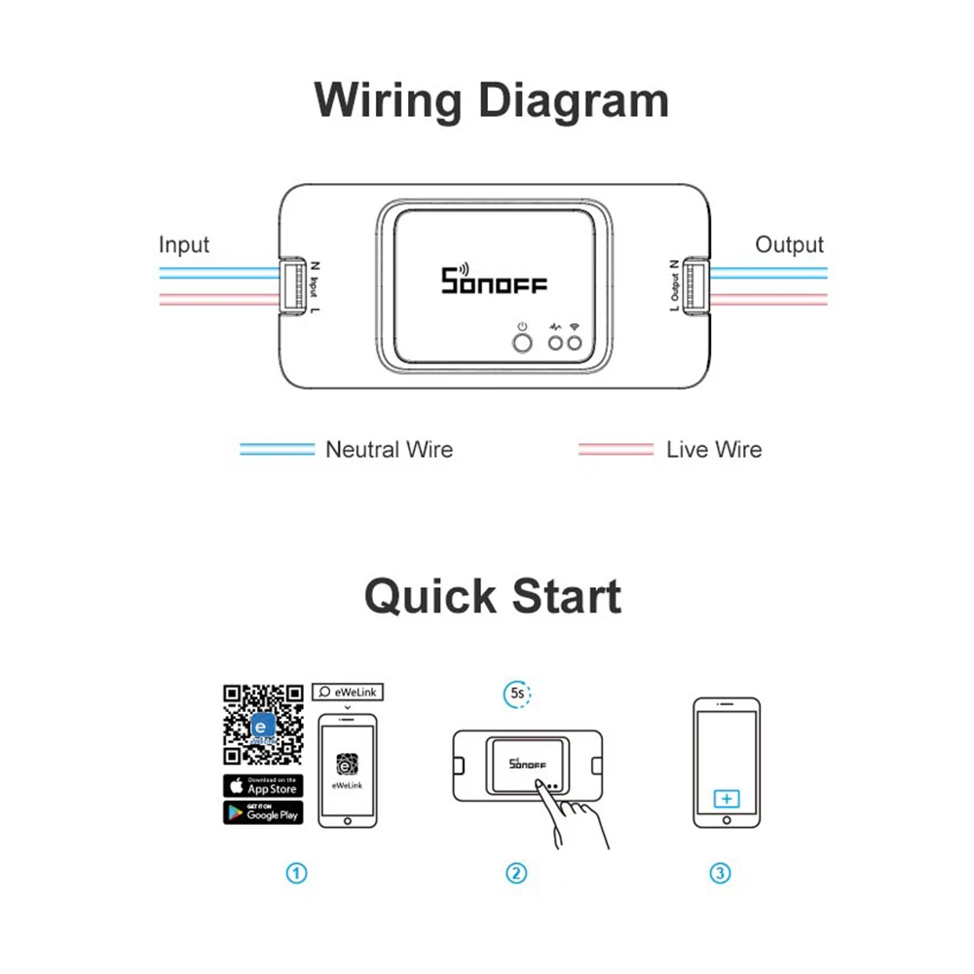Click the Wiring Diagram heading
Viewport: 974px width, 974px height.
(492, 101)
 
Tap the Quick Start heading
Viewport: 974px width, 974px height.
(492, 596)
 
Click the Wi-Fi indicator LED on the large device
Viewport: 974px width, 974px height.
(575, 343)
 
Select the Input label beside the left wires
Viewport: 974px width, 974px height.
(184, 244)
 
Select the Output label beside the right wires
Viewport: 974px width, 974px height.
(789, 244)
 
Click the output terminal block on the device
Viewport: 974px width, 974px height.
(695, 286)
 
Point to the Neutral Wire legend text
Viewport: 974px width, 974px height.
(389, 449)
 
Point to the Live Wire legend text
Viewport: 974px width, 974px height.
(714, 449)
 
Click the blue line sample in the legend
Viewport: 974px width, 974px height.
(278, 449)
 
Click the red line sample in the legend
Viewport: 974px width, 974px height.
(616, 449)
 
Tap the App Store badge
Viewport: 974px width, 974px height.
(263, 785)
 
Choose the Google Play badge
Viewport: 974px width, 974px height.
(263, 812)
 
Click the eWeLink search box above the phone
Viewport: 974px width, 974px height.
(348, 692)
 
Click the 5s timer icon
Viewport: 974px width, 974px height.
(516, 694)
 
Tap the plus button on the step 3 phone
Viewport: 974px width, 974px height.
(726, 799)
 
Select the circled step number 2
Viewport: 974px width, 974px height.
(516, 873)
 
